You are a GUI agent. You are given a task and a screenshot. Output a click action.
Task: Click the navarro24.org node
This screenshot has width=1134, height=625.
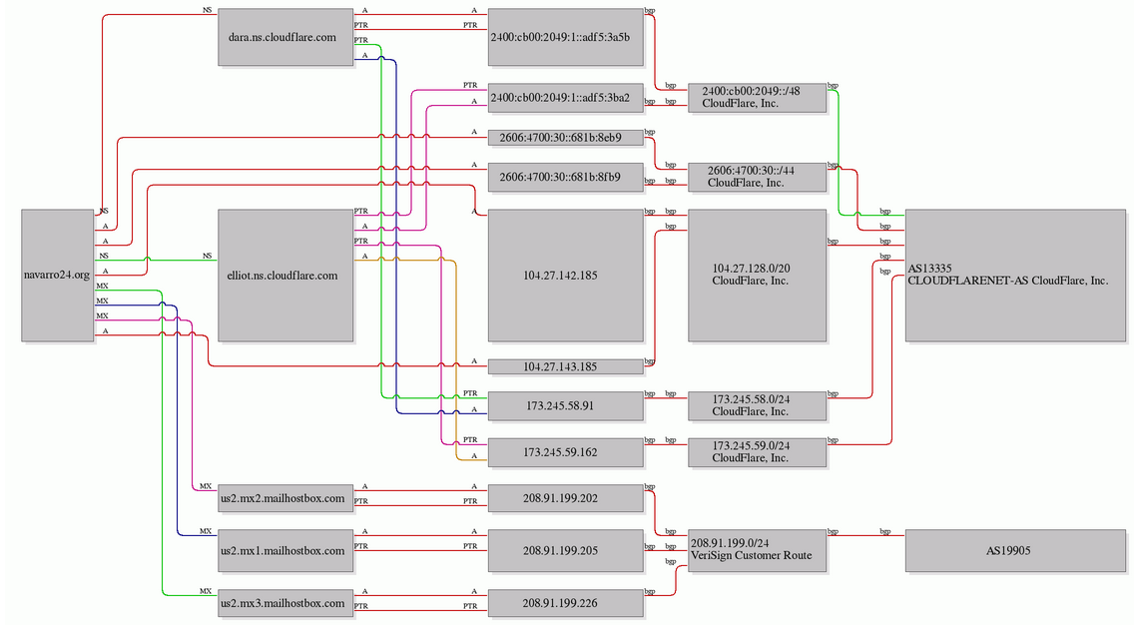[x=58, y=275]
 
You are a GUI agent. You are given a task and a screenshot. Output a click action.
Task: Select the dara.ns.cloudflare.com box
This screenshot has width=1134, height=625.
[x=285, y=37]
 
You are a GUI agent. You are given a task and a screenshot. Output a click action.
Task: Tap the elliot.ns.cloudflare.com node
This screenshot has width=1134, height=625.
[x=285, y=275]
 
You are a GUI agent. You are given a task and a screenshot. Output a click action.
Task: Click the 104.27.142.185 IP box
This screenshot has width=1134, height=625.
[x=566, y=275]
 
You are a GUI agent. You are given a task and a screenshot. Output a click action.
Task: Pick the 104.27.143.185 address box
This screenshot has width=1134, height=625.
[x=566, y=366]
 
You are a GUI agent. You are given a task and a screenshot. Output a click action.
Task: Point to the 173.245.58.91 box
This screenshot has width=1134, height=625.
[x=566, y=405]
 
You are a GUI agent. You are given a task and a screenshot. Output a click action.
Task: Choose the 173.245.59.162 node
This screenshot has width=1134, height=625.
[x=566, y=452]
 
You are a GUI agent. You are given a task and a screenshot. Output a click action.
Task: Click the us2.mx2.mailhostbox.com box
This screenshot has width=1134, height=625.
[x=285, y=498]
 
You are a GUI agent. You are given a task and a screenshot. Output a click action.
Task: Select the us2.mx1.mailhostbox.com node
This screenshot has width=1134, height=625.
[x=285, y=550]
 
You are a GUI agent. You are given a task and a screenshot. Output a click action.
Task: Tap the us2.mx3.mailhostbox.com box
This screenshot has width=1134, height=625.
[x=285, y=603]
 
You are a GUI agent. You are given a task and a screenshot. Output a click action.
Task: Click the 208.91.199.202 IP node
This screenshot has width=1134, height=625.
[x=566, y=498]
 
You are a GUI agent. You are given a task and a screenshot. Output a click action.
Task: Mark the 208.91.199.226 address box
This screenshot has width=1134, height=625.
[x=566, y=603]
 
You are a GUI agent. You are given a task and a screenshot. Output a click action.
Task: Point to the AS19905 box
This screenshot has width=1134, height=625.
[x=1015, y=550]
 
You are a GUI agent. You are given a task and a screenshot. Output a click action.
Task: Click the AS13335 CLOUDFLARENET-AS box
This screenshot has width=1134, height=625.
[x=1015, y=275]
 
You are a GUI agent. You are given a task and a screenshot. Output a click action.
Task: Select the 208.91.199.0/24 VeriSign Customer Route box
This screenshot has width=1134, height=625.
[x=758, y=550]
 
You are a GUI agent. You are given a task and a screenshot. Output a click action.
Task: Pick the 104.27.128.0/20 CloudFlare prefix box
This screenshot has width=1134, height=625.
[x=758, y=275]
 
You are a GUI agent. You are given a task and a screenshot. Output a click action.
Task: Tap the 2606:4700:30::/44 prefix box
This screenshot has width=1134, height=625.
[x=758, y=178]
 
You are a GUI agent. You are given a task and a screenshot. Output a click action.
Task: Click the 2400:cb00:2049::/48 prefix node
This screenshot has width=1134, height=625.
[x=758, y=98]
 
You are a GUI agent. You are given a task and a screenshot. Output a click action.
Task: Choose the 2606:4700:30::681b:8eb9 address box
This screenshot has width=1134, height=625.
[x=566, y=138]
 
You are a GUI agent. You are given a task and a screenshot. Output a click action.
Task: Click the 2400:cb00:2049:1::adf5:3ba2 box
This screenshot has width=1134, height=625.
[x=566, y=98]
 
